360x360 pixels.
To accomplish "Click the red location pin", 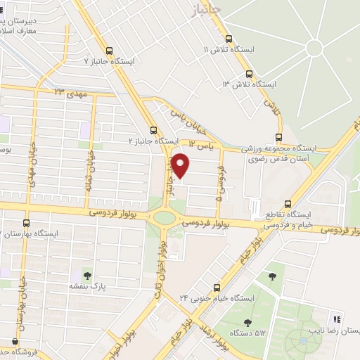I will pyautogui.click(x=181, y=165).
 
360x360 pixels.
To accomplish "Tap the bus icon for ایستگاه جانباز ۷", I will pyautogui.click(x=108, y=51).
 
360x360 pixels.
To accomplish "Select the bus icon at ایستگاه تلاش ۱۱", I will pyautogui.click(x=229, y=39).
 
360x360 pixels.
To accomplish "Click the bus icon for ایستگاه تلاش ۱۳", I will pyautogui.click(x=249, y=73).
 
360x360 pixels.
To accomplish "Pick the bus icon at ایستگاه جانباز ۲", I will pyautogui.click(x=154, y=130).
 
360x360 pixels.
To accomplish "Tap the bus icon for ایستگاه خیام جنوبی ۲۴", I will pyautogui.click(x=217, y=287).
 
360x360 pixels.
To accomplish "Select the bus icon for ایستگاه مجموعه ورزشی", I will pyautogui.click(x=278, y=137).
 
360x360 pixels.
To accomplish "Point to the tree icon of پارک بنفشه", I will pyautogui.click(x=87, y=275).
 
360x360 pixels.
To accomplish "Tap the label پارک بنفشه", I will pyautogui.click(x=87, y=287).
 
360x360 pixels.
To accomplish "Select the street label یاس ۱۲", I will pyautogui.click(x=200, y=145).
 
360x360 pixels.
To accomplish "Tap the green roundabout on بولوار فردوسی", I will pyautogui.click(x=165, y=217).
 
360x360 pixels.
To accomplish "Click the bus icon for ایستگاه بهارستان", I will pyautogui.click(x=27, y=223).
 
